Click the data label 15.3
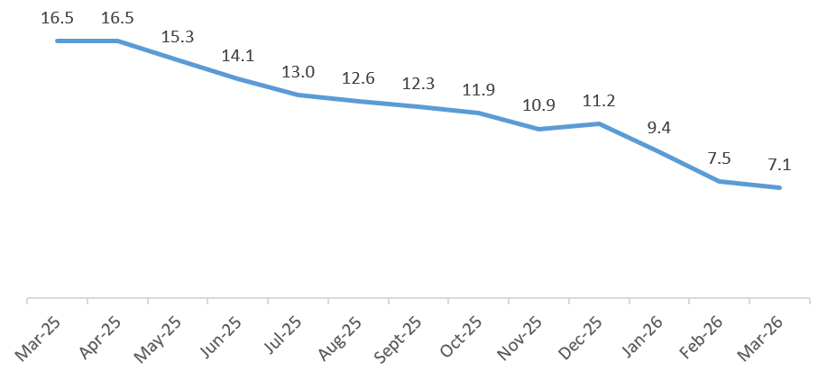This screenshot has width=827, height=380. click(x=178, y=38)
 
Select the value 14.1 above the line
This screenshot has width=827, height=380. click(x=238, y=56)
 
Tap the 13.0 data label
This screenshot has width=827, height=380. click(x=299, y=71)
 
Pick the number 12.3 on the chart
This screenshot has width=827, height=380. click(x=418, y=84)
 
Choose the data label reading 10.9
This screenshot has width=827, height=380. click(x=539, y=105)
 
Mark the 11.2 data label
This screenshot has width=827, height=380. click(x=599, y=100)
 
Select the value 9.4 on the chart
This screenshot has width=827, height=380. click(x=659, y=128)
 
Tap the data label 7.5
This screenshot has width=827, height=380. click(x=720, y=158)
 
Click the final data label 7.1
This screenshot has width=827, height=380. click(x=779, y=165)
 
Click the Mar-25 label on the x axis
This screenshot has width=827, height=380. click(x=38, y=341)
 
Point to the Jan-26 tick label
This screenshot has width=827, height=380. click(x=640, y=341)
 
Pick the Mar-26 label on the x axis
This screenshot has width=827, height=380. click(x=760, y=341)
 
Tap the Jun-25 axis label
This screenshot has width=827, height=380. click(x=218, y=341)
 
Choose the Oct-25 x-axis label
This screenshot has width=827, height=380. click(x=459, y=341)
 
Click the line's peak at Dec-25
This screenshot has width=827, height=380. click(x=599, y=123)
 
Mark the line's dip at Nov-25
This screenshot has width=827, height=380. click(x=539, y=129)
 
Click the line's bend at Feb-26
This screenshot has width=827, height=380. click(x=720, y=181)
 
